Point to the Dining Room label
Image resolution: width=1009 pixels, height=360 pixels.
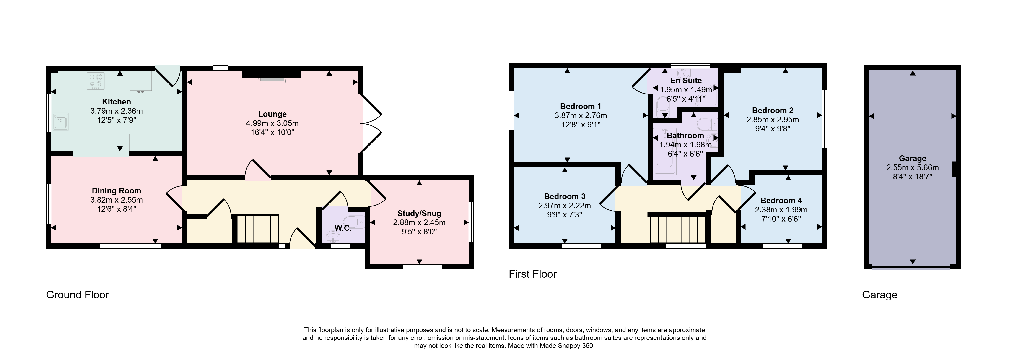tap(116, 191)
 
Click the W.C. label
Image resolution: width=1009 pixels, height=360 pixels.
tap(343, 228)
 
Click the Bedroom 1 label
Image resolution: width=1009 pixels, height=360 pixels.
tap(581, 106)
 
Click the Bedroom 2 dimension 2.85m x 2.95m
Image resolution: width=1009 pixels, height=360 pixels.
tap(772, 120)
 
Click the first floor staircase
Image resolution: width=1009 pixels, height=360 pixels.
tap(678, 230)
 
